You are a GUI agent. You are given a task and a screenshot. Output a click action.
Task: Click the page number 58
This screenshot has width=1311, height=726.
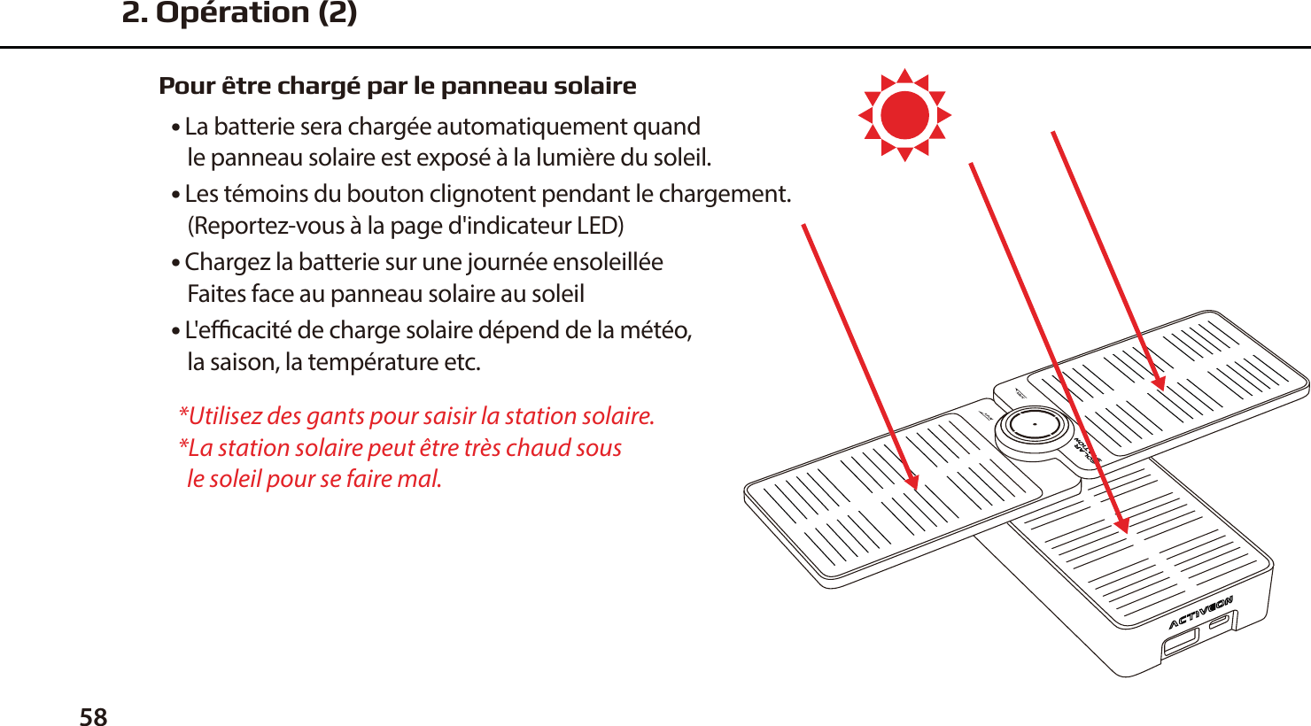tap(93, 716)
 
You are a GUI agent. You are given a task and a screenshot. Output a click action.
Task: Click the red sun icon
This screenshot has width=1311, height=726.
tap(904, 115)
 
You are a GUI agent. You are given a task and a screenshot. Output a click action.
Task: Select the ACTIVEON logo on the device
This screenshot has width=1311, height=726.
tap(1200, 613)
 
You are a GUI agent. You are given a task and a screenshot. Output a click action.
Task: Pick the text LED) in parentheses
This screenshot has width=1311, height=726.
tap(600, 226)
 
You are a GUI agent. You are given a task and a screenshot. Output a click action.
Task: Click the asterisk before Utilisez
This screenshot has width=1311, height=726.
tap(183, 413)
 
